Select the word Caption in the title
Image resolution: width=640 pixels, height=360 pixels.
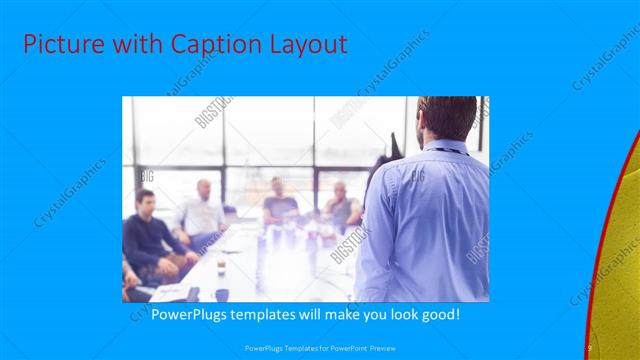point(194,45)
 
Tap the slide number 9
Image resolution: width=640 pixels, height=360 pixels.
point(589,347)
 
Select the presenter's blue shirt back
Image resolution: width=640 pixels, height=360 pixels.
point(425,220)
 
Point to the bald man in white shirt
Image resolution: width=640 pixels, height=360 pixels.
point(203,210)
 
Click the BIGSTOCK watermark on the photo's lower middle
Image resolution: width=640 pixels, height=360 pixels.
point(351,241)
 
